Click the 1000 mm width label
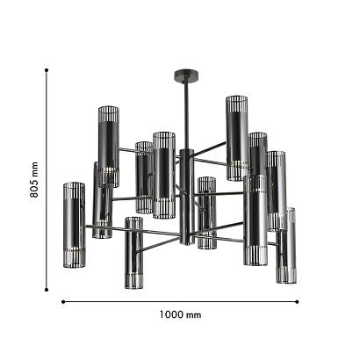click(x=181, y=314)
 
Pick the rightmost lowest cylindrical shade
click(x=285, y=246)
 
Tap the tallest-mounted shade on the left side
click(x=107, y=145)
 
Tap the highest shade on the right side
click(x=235, y=136)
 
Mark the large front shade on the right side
click(x=256, y=220)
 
